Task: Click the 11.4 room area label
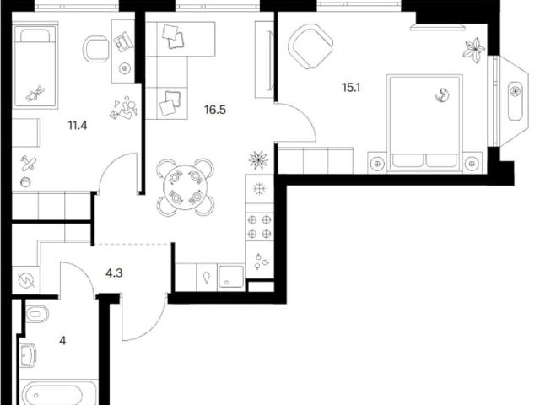click(x=78, y=126)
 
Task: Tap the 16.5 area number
click(x=215, y=110)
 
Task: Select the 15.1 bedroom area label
click(x=351, y=88)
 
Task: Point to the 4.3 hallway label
click(x=114, y=273)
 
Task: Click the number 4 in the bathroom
click(x=62, y=341)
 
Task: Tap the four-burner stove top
click(x=259, y=227)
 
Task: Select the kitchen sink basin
click(x=230, y=278)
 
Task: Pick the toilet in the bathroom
click(x=37, y=314)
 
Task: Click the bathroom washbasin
click(x=28, y=355)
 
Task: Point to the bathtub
click(x=59, y=394)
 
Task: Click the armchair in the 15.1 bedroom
click(x=310, y=46)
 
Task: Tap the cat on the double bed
click(x=442, y=95)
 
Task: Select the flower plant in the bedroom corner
click(x=474, y=51)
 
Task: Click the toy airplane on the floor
click(x=29, y=163)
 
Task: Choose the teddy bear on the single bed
click(x=35, y=94)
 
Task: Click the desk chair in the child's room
click(x=95, y=49)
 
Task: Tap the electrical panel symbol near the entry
click(x=26, y=281)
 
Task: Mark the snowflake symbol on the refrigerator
click(x=259, y=189)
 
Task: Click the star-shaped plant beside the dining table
click(x=258, y=160)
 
